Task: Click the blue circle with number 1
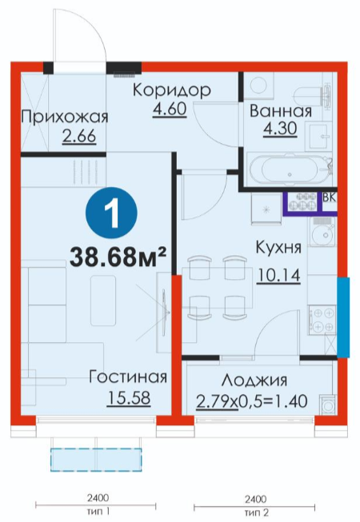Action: tap(111, 213)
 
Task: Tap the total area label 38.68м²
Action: tap(118, 257)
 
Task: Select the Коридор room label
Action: tap(172, 90)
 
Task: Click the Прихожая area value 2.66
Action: tap(79, 136)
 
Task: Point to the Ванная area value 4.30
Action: tap(280, 129)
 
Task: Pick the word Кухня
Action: tap(278, 248)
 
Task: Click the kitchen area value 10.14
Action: tap(278, 275)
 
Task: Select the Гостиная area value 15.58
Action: tap(129, 398)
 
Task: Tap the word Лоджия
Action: tap(254, 381)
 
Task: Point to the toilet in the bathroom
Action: tap(313, 96)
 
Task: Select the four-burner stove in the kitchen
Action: tap(322, 321)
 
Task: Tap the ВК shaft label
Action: tap(329, 197)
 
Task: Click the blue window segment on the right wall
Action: tap(343, 318)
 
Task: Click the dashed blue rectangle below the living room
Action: tap(96, 460)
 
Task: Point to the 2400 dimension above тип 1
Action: tap(98, 498)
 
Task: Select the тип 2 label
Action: tap(256, 512)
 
